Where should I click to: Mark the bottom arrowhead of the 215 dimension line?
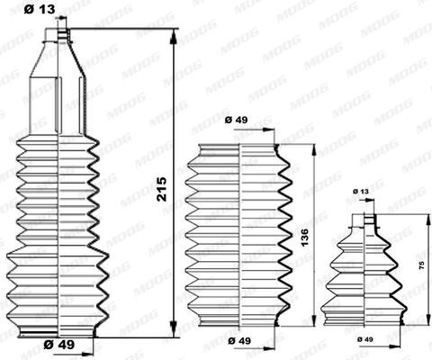[x=173, y=328]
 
